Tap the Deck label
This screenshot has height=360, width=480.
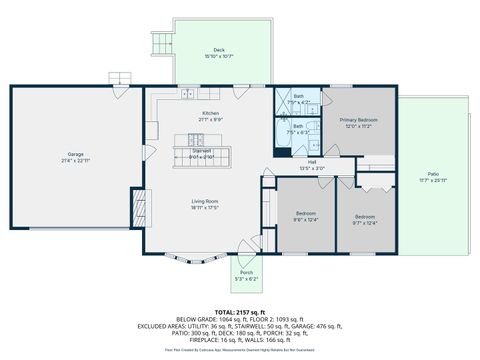tap(218, 50)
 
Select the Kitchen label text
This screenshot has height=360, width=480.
tap(210, 113)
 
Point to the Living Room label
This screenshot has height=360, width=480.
tap(205, 202)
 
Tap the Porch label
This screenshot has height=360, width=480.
tap(245, 272)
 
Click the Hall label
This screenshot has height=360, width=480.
tap(312, 162)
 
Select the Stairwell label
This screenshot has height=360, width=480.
tap(202, 151)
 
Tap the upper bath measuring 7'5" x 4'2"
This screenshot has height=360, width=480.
tap(298, 97)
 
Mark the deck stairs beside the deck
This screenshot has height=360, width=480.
tap(160, 42)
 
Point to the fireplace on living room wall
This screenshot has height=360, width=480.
tap(140, 207)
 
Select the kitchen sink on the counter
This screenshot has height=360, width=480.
tap(187, 94)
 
